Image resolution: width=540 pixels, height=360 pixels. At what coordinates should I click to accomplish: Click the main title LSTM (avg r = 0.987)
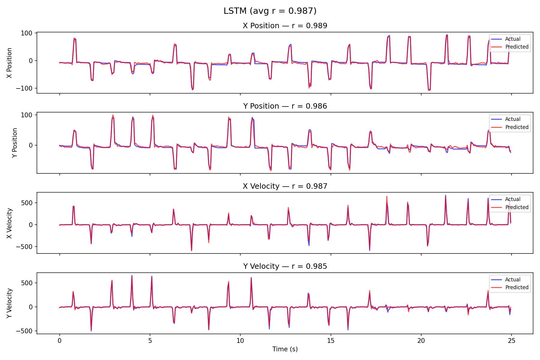pos(270,11)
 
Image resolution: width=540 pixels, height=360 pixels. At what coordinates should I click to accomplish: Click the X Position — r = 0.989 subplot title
pos(285,26)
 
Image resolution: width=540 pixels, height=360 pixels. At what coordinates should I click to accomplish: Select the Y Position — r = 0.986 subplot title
pos(285,106)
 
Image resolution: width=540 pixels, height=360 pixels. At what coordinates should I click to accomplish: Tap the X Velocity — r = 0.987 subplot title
pos(285,186)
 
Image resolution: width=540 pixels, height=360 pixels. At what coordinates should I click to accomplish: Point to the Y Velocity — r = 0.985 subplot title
pos(285,266)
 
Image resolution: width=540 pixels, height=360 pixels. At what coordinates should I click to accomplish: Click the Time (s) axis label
pos(285,349)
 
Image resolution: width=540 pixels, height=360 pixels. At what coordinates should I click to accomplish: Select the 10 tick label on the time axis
pos(240,341)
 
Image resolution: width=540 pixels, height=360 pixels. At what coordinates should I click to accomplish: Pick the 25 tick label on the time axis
pos(511,341)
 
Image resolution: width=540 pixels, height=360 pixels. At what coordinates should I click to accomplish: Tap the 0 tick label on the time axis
pos(59,341)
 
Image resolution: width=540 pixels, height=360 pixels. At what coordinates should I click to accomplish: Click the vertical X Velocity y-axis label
pos(10,223)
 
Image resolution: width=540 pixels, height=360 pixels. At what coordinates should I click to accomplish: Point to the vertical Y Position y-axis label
pos(15,143)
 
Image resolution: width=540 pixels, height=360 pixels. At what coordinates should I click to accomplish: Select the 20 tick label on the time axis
pos(421,341)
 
